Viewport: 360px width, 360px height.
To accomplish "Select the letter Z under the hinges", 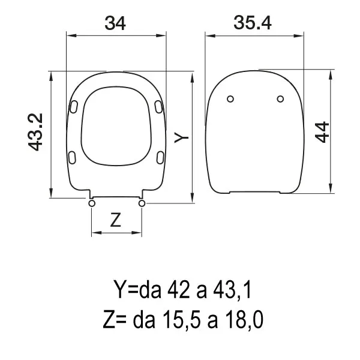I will pos(116,220).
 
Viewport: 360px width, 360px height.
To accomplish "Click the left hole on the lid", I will pos(231,99).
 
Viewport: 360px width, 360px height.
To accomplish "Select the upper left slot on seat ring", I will pos(74,106).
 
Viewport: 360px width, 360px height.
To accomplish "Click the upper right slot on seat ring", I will pos(159,106).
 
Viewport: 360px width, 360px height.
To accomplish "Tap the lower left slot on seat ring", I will pos(73,157).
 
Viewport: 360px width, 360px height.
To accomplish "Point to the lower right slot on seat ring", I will pos(160,157).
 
